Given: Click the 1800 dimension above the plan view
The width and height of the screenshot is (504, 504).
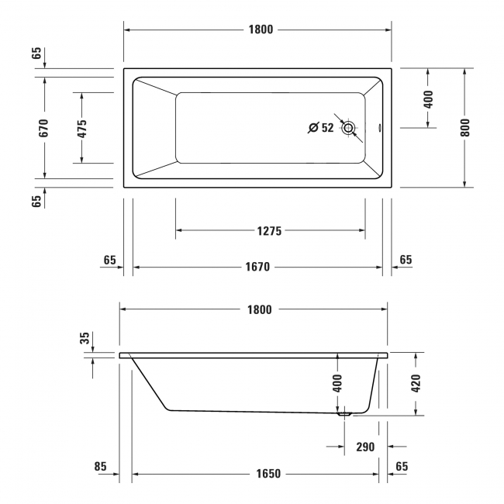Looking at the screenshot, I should pyautogui.click(x=260, y=30).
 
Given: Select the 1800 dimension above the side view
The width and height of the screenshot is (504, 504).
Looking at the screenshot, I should pyautogui.click(x=260, y=310).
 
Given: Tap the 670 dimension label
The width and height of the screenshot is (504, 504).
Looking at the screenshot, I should pyautogui.click(x=44, y=128).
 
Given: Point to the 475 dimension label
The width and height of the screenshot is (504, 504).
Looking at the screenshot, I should pyautogui.click(x=81, y=128).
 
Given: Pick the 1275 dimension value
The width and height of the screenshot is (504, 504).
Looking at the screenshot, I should pyautogui.click(x=270, y=231).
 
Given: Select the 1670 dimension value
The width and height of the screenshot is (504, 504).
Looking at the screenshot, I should pyautogui.click(x=257, y=268).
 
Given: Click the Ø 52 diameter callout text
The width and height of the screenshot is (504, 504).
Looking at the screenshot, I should pyautogui.click(x=321, y=128).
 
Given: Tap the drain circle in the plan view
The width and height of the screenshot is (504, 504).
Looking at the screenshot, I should pyautogui.click(x=348, y=128).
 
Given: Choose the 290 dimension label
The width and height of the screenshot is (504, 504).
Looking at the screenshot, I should pyautogui.click(x=364, y=447).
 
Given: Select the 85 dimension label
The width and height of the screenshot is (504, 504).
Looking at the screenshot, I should pyautogui.click(x=100, y=467).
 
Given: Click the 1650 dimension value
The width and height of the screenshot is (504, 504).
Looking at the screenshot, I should pyautogui.click(x=258, y=474).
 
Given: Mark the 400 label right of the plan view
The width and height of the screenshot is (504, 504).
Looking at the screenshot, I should pyautogui.click(x=429, y=98).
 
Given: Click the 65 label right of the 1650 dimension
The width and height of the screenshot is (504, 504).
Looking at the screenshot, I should pyautogui.click(x=402, y=467).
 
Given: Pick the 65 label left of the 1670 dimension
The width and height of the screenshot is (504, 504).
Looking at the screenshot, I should pyautogui.click(x=109, y=261).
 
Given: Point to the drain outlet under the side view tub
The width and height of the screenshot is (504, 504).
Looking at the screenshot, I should pyautogui.click(x=344, y=414).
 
